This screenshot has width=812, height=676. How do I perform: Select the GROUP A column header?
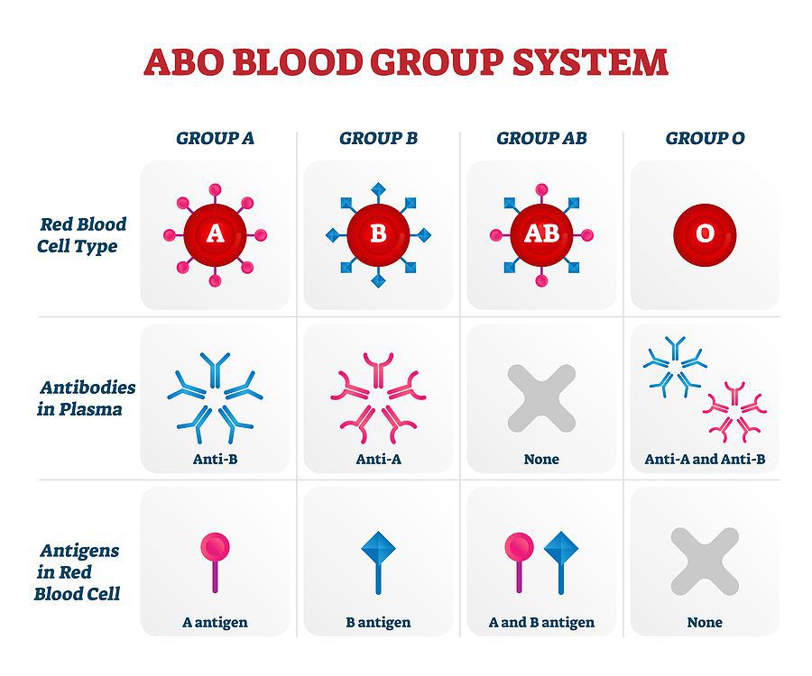[215, 138]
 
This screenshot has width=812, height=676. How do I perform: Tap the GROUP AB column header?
[541, 138]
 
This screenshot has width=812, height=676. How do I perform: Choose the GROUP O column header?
[705, 138]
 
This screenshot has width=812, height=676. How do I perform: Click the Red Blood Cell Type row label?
[81, 235]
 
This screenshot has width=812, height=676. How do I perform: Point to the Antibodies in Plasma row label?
[86, 398]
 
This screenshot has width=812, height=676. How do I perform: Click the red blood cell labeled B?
[379, 235]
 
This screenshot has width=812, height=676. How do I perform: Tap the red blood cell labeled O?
[705, 235]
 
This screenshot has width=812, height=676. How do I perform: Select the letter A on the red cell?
[215, 234]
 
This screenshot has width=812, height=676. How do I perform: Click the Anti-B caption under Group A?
[215, 459]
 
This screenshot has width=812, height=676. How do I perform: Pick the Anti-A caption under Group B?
[379, 459]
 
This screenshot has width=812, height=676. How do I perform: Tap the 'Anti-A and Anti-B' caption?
[705, 459]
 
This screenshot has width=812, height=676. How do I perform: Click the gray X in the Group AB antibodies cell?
[541, 398]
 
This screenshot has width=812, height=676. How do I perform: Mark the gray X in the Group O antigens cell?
[705, 562]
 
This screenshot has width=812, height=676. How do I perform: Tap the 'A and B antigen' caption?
[541, 622]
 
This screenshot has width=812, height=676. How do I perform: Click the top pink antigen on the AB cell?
[541, 190]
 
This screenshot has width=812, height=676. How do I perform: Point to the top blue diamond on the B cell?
[379, 189]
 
